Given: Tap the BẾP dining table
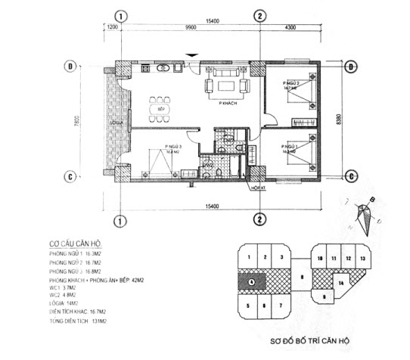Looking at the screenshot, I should pos(161,108).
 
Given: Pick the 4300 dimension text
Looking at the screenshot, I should pos(290,27).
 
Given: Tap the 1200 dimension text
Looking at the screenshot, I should pos(111,27).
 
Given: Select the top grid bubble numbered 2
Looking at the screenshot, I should pos(259,16).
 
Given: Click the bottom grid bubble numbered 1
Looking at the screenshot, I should pos(119,220).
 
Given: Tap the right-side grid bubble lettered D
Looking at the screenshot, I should pos(350,67).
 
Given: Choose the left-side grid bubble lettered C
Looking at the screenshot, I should pos(70,176).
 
